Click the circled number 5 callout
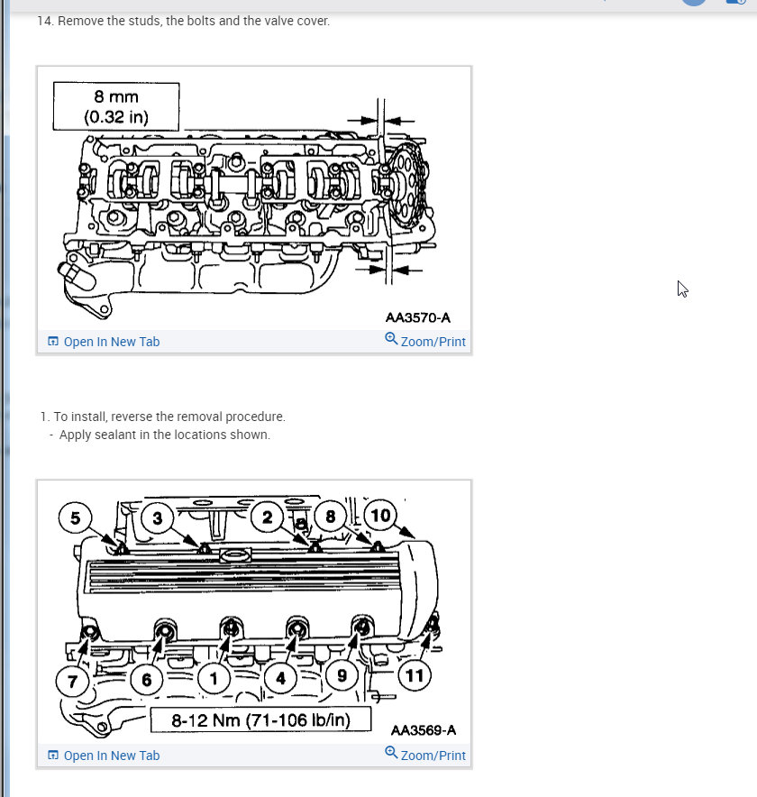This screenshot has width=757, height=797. [76, 518]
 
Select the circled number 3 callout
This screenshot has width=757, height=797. [158, 518]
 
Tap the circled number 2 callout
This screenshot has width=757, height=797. [268, 517]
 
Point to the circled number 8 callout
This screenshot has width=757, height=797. [330, 517]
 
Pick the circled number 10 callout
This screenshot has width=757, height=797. [381, 516]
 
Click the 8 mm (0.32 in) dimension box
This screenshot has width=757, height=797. [116, 106]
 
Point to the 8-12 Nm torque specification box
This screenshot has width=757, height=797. [260, 720]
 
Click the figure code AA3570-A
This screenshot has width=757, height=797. [417, 317]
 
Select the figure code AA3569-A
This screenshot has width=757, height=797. [424, 730]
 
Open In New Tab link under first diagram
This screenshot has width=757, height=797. [104, 342]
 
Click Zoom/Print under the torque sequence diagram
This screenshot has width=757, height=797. [425, 755]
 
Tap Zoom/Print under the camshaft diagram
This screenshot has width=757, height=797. [425, 341]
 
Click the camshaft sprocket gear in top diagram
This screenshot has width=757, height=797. [406, 188]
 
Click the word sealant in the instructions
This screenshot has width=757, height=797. [114, 435]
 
